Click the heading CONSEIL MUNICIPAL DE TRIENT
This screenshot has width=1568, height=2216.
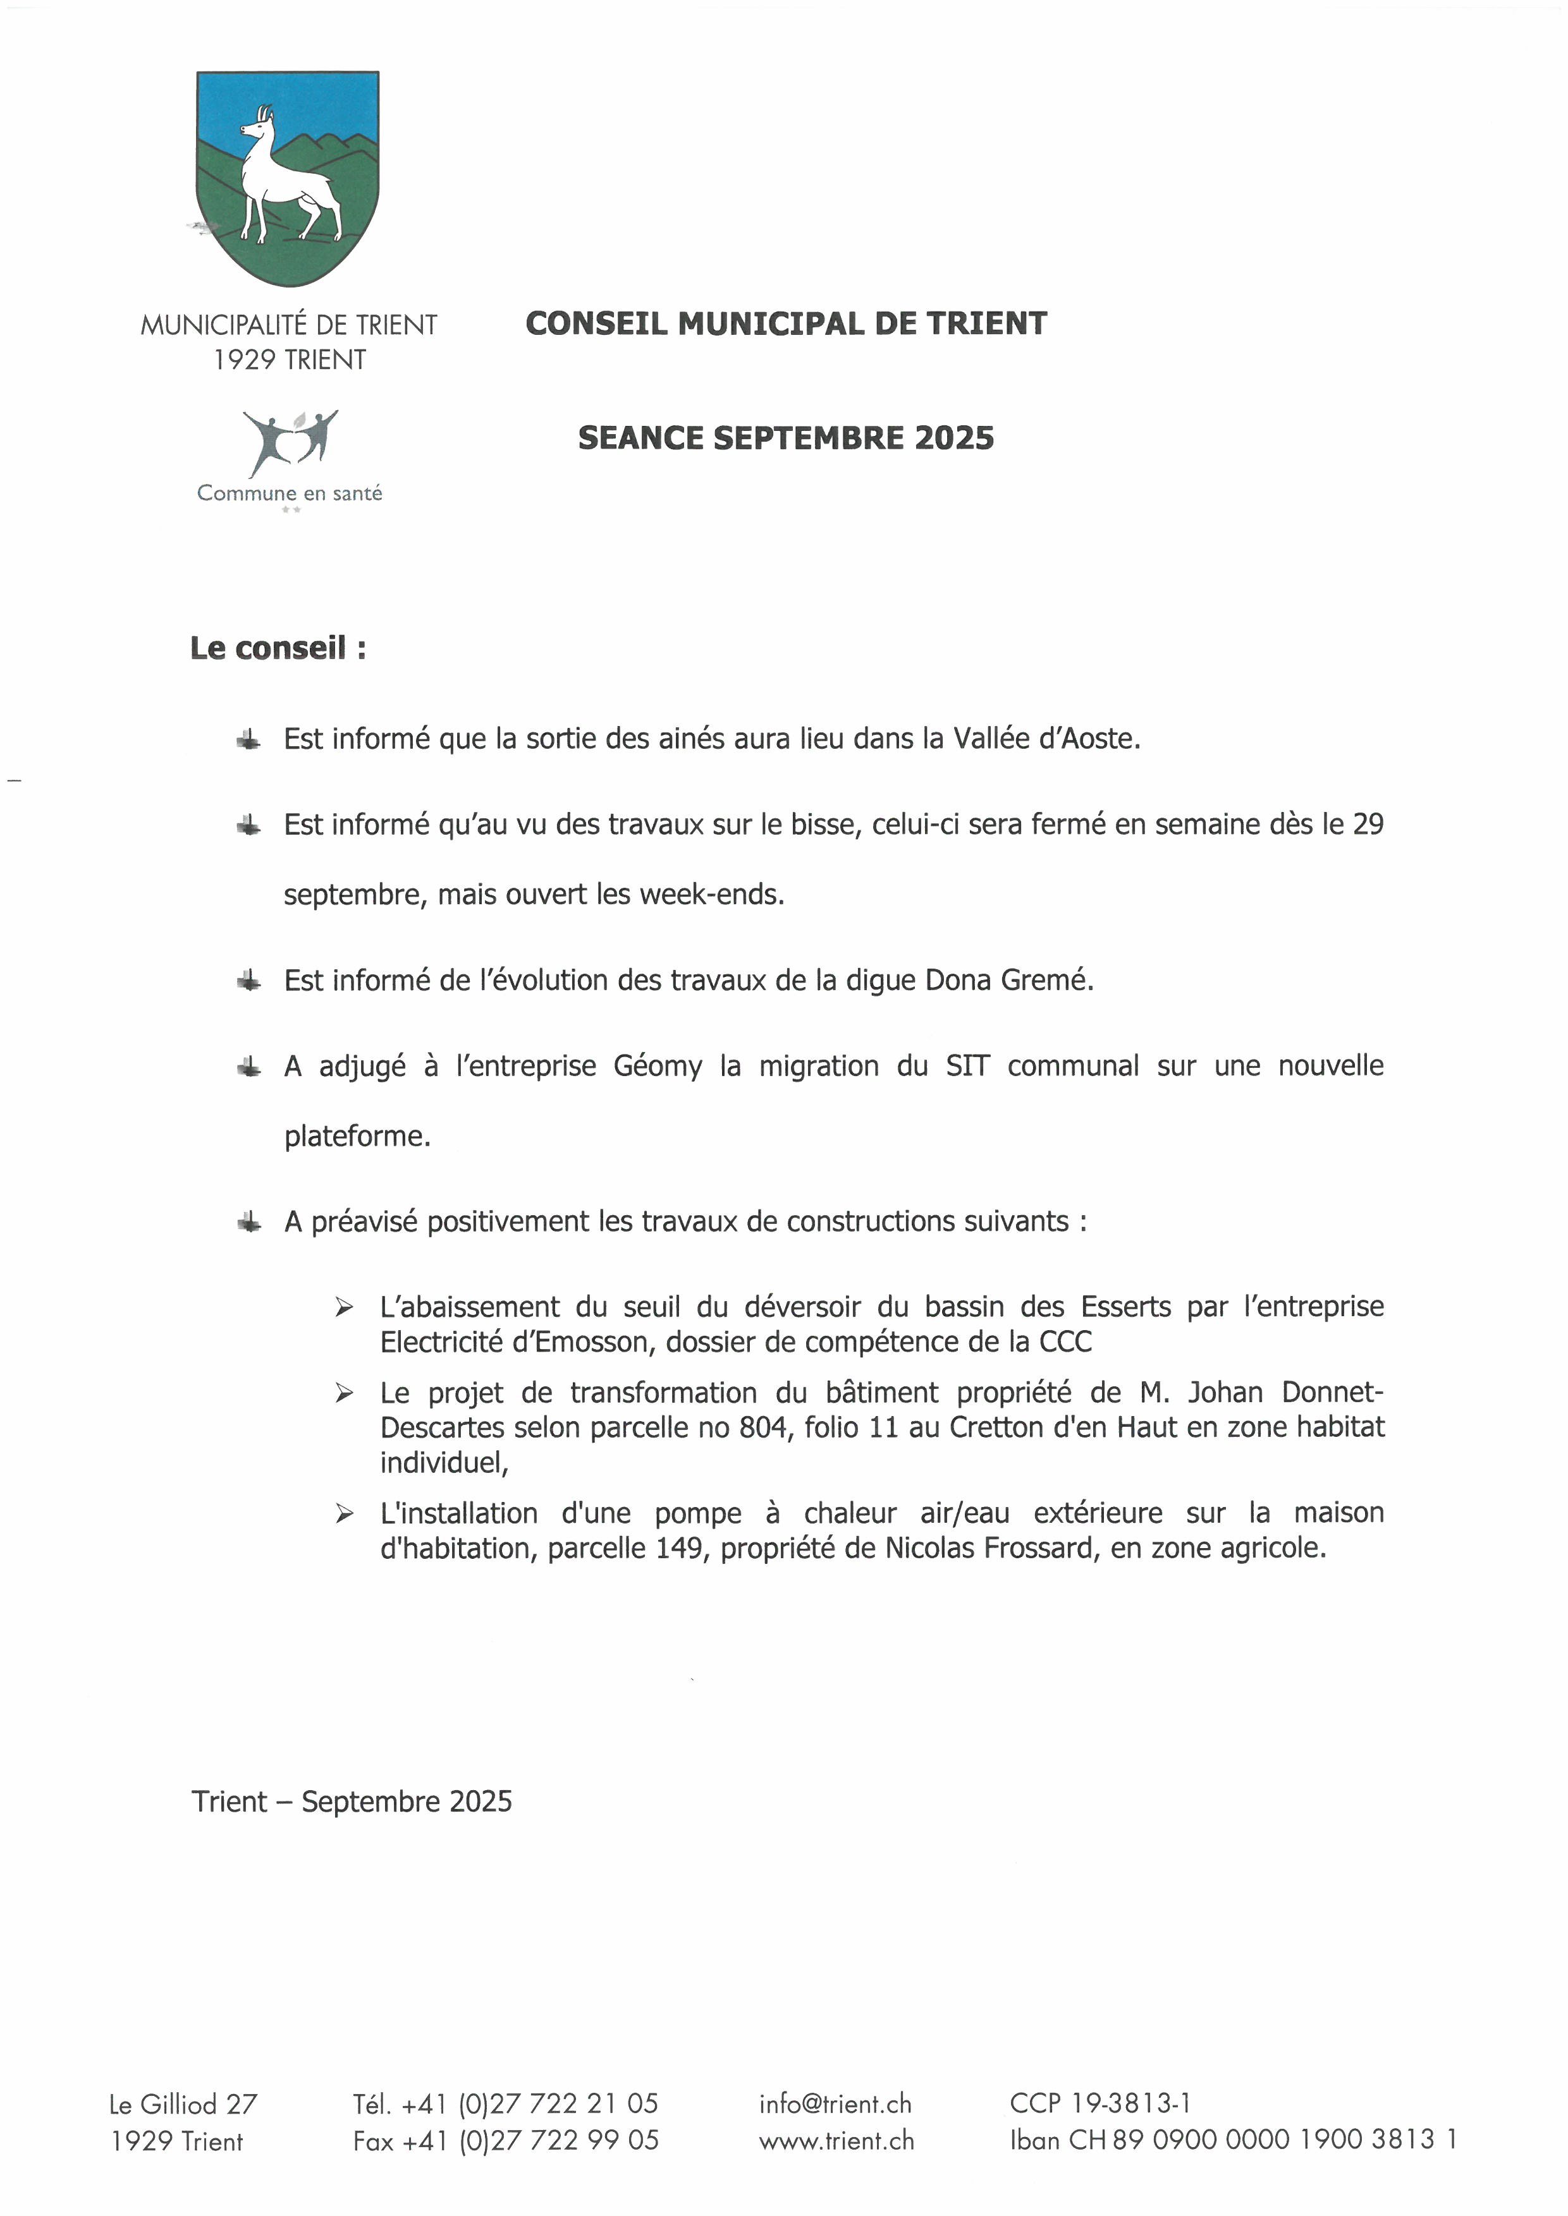pyautogui.click(x=786, y=324)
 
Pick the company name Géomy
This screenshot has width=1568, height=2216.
pyautogui.click(x=658, y=1067)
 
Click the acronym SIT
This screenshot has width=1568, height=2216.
pyautogui.click(x=967, y=1067)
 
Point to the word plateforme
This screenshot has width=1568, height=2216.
pyautogui.click(x=356, y=1136)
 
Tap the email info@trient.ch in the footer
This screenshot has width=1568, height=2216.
pyautogui.click(x=835, y=2104)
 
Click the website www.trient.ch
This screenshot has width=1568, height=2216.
pyautogui.click(x=836, y=2141)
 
